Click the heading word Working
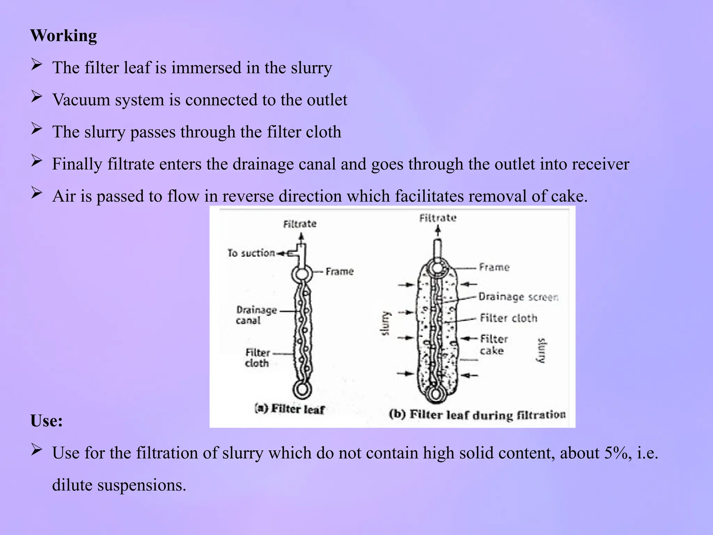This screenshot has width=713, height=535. click(63, 36)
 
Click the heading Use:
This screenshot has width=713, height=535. click(46, 421)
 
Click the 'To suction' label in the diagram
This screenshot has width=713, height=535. click(251, 253)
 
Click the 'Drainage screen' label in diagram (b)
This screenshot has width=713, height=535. click(518, 297)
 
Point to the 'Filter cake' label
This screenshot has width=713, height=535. click(493, 344)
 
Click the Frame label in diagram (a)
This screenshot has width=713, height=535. click(339, 271)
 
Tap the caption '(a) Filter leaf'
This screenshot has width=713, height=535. click(290, 409)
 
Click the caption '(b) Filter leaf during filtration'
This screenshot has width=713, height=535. click(477, 415)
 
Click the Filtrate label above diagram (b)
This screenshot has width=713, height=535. click(438, 218)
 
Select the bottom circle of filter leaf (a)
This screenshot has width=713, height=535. click(302, 389)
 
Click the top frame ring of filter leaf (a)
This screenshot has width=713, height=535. click(302, 274)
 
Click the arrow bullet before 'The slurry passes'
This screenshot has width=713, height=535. click(36, 129)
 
